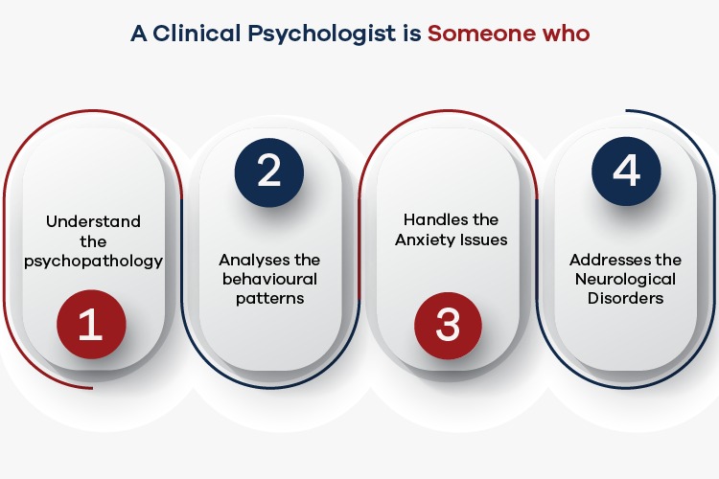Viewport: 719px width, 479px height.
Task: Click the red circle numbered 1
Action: pyautogui.click(x=91, y=324)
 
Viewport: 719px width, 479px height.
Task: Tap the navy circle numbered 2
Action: pyautogui.click(x=269, y=172)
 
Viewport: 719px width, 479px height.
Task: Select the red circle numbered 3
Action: pyautogui.click(x=448, y=326)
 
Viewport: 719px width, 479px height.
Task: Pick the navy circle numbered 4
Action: pyautogui.click(x=626, y=171)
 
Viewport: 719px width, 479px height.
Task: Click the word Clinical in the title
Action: pyautogui.click(x=197, y=34)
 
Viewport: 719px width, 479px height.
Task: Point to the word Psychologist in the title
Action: pyautogui.click(x=321, y=34)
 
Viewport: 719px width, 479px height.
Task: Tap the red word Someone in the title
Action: pyautogui.click(x=480, y=34)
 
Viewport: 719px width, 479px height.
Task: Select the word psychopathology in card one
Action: pyautogui.click(x=94, y=262)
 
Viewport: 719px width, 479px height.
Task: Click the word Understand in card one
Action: pyautogui.click(x=94, y=221)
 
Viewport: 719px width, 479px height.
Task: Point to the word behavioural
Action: pyautogui.click(x=269, y=279)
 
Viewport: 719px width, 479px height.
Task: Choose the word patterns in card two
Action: pyautogui.click(x=270, y=299)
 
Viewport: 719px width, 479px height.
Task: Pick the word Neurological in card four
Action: pyautogui.click(x=625, y=280)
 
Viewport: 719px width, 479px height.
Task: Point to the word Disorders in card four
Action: pyautogui.click(x=625, y=298)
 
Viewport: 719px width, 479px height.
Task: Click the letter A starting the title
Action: pyautogui.click(x=138, y=34)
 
